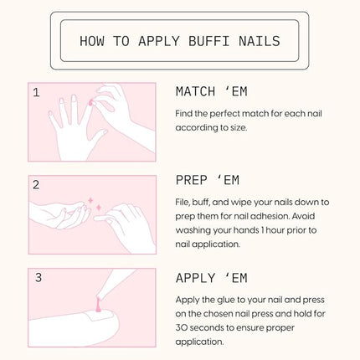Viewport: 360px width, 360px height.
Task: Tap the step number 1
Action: coord(36,92)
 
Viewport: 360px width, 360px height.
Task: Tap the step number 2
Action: coord(36,185)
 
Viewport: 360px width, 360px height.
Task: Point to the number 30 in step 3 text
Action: coord(184,327)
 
